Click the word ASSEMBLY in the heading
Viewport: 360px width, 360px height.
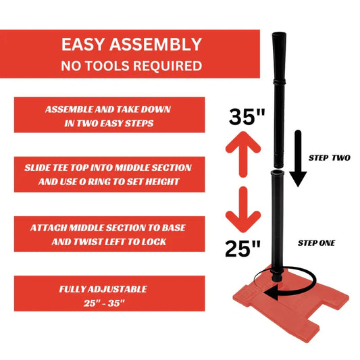(x=155, y=45)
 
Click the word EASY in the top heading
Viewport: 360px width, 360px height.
(x=83, y=45)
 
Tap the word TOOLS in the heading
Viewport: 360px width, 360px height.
(x=107, y=66)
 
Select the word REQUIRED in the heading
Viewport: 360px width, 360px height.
(x=168, y=66)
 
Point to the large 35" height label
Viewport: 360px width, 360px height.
(x=247, y=116)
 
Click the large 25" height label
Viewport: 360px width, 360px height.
(x=243, y=249)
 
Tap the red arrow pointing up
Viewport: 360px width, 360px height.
(x=243, y=154)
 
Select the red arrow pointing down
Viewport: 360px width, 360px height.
(x=243, y=209)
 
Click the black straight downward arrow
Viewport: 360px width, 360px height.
(x=298, y=159)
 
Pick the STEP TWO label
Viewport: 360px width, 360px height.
(x=329, y=158)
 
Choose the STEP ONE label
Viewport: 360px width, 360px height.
(x=316, y=243)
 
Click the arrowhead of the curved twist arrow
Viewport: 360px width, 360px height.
(x=271, y=292)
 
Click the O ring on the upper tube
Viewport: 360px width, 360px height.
(x=279, y=82)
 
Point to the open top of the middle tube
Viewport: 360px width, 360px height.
(x=277, y=172)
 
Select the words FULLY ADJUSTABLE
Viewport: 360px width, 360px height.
(x=103, y=289)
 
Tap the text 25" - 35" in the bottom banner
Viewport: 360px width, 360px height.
(x=104, y=303)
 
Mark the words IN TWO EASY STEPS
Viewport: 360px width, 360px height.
(x=109, y=124)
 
